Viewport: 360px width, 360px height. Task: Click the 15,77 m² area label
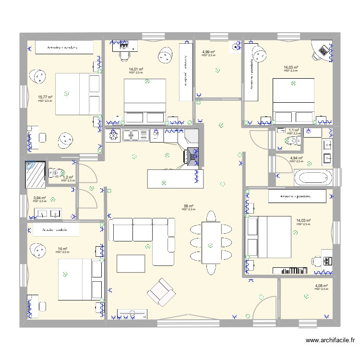click(45, 96)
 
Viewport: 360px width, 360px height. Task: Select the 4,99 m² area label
click(208, 52)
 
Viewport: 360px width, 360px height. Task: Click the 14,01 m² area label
click(136, 69)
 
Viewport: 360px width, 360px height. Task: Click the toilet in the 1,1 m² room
click(290, 141)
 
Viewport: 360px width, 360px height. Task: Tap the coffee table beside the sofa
click(131, 263)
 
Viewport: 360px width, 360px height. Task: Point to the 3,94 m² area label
click(39, 198)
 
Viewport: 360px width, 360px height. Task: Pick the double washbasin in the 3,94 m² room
click(49, 214)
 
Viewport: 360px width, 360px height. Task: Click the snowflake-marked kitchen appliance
click(114, 136)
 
